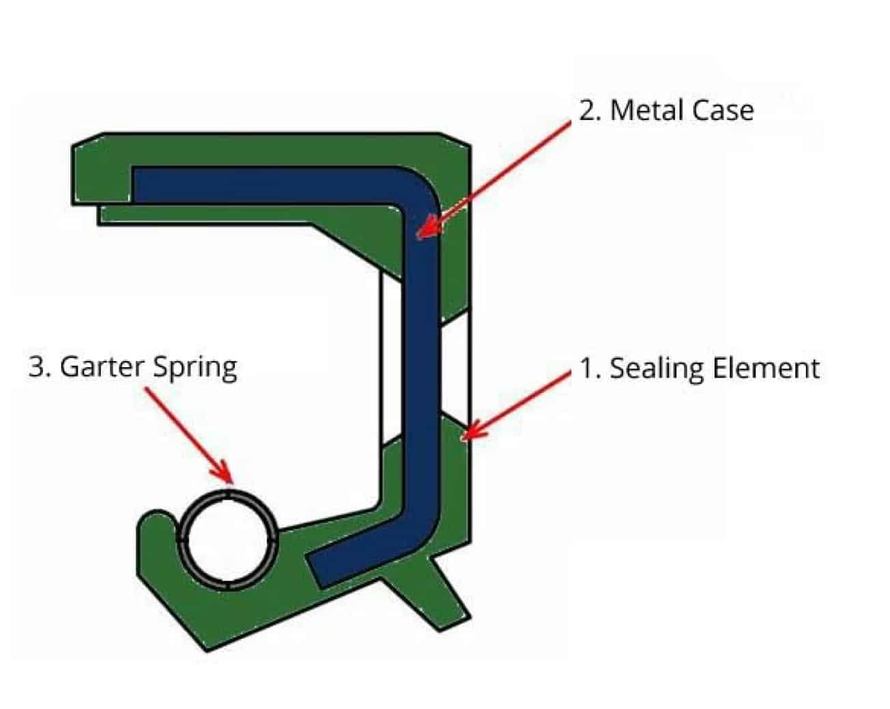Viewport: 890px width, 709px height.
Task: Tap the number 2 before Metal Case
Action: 588,111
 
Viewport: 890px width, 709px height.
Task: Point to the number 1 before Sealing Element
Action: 588,368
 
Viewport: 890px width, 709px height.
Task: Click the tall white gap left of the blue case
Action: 390,362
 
